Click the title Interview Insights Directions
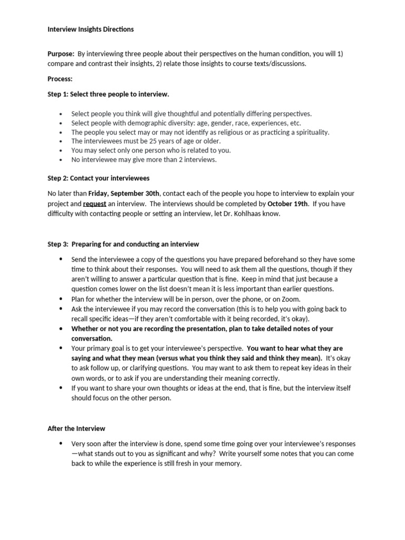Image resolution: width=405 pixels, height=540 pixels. coord(90,30)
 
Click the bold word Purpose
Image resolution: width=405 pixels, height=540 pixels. coord(61,54)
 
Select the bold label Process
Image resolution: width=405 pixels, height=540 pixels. coord(60,79)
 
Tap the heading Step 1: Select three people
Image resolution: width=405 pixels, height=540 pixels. coord(108,94)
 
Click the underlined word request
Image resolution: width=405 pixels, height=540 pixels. coord(94,204)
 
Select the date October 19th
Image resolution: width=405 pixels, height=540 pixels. coord(287,204)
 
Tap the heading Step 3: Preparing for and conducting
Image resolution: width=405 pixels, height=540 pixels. coord(123,244)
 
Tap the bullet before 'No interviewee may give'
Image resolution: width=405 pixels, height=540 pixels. coord(62,160)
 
